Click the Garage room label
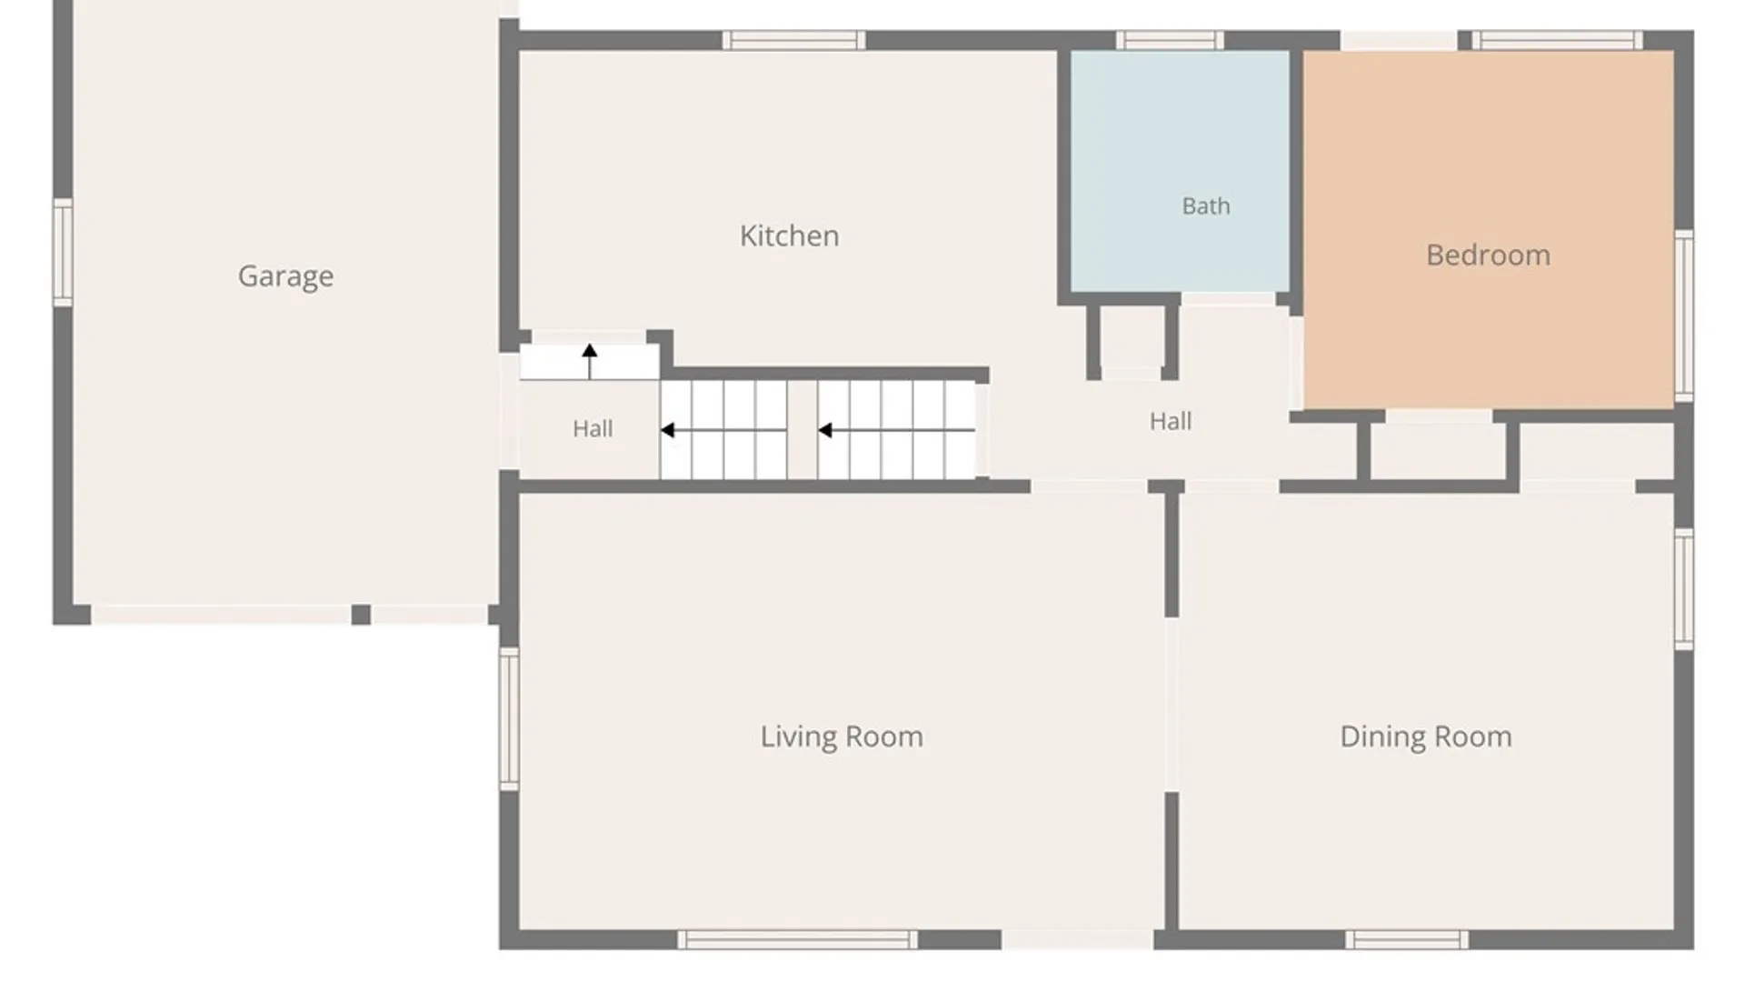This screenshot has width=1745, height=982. click(285, 276)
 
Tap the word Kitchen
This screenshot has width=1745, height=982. click(789, 235)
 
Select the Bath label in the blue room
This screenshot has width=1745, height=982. click(1206, 206)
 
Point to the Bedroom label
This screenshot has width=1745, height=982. click(1488, 255)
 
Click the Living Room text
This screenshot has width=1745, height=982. click(842, 736)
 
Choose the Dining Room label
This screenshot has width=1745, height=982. click(1426, 736)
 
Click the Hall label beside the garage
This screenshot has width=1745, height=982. click(593, 428)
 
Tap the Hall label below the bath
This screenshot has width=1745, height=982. click(1171, 421)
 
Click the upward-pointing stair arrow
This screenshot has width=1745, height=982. click(590, 361)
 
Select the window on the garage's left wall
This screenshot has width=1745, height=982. click(63, 253)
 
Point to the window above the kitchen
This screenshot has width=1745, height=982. click(793, 40)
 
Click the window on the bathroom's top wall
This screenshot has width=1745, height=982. click(1170, 40)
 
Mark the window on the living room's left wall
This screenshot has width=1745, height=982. click(509, 718)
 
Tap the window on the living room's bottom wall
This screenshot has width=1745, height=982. click(797, 939)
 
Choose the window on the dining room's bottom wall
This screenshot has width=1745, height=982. click(1407, 939)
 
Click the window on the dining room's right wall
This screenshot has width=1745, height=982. click(1684, 589)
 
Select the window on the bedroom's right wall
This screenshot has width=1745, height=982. click(1684, 316)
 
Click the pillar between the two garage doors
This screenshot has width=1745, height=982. click(361, 615)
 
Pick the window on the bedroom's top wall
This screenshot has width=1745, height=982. click(1557, 40)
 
